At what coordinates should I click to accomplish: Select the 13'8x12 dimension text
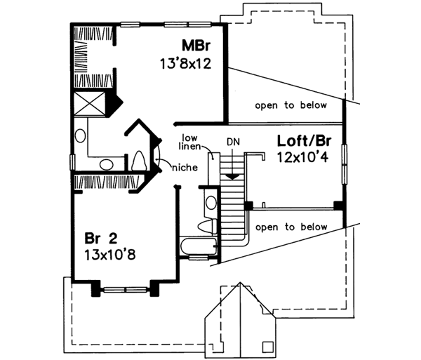click(x=185, y=63)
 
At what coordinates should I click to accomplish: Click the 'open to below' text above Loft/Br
click(x=290, y=106)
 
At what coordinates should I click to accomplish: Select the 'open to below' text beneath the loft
click(x=290, y=227)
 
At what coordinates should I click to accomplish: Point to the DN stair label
click(x=233, y=142)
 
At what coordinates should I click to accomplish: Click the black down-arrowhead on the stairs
click(x=232, y=174)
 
